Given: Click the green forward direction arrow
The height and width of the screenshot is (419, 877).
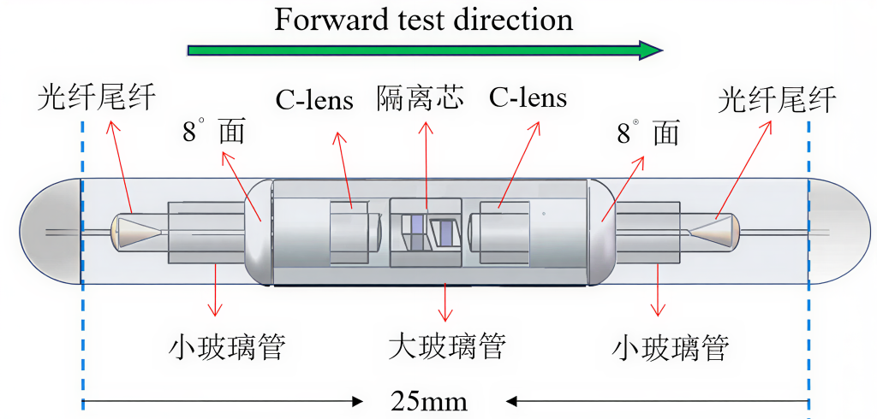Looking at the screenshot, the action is coord(425,50).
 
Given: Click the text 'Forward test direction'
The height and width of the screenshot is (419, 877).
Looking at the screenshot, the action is coord(424,20).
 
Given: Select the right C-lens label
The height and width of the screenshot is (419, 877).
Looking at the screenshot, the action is coord(528,97).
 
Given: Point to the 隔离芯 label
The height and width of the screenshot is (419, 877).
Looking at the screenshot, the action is coord(420,97).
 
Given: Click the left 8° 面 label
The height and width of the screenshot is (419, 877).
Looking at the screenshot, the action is coord(213,133).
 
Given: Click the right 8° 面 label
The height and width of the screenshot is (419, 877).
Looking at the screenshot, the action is coord(648,133).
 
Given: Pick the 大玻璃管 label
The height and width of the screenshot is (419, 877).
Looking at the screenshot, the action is coord(447,345).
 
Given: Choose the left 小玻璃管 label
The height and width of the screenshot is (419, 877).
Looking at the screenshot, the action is coord(228,347).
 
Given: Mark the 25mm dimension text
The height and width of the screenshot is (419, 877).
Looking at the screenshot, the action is coord(428,401).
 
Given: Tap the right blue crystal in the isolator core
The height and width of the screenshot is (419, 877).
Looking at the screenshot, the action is coord(445,231).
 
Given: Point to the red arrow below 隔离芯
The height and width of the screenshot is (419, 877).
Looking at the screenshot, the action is coord(427,165).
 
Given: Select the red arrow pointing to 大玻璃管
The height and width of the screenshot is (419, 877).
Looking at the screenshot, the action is coord(445,302).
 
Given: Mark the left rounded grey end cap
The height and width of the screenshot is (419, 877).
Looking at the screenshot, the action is coord(51,231).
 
